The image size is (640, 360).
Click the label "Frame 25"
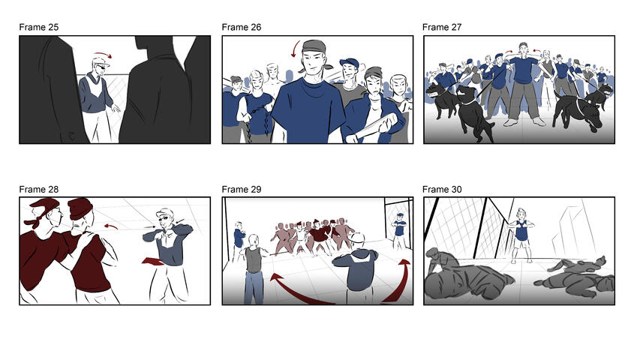(39, 28)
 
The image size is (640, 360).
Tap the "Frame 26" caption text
(242, 28)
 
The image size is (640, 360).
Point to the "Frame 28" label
(39, 190)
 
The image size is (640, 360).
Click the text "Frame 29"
(242, 190)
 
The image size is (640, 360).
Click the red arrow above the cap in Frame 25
(102, 55)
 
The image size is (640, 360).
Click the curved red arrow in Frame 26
(295, 50)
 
